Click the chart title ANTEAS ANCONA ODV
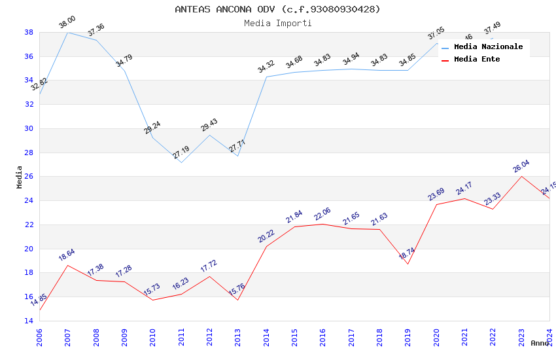277,9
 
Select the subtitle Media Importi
277,23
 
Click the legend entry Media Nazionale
488,47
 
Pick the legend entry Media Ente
477,60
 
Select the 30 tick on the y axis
29,128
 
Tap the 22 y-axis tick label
29,225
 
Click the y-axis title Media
20,177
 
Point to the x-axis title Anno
540,343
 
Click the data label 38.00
67,23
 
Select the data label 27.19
181,153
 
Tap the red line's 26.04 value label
521,166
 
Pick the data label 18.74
408,253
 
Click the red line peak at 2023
521,176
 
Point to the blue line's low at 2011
181,162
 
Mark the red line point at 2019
408,264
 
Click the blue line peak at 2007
67,32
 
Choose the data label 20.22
266,236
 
